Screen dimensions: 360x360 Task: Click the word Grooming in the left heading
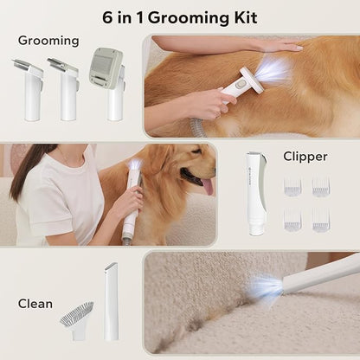(48, 41)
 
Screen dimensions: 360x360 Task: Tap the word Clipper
(305, 157)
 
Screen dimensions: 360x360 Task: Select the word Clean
(35, 304)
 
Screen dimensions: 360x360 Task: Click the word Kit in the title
(246, 18)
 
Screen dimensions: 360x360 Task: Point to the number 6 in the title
(107, 18)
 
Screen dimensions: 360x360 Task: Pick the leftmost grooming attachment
(29, 89)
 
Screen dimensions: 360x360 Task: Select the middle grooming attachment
(65, 89)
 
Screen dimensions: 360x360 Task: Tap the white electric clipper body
(256, 193)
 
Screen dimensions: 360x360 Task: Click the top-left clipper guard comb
(292, 187)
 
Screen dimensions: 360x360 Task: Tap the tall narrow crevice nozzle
(111, 301)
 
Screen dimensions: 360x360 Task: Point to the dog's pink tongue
(209, 186)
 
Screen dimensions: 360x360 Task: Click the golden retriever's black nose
(213, 170)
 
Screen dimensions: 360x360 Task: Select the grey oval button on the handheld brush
(240, 85)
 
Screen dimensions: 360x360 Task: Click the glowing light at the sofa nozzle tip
(266, 287)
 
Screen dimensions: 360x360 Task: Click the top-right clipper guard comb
(321, 187)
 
